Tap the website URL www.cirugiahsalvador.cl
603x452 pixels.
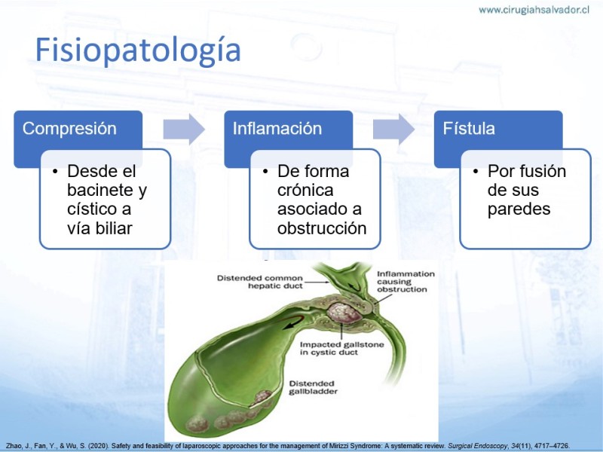tap(534, 10)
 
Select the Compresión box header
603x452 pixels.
tap(69, 128)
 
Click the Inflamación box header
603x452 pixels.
tap(277, 128)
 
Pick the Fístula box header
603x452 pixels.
tap(468, 128)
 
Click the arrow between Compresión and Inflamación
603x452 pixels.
tap(184, 129)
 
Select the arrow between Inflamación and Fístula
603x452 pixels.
tap(393, 129)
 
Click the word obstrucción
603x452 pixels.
tap(322, 228)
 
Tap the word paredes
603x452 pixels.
tap(519, 209)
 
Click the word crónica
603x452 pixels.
tap(305, 190)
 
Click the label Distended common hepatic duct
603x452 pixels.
tap(260, 282)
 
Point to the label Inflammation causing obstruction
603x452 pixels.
tap(406, 282)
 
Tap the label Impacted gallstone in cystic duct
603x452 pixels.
tap(342, 349)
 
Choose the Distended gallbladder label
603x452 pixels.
tap(314, 387)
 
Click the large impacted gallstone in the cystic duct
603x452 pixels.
tap(344, 313)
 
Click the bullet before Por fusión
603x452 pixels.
tap(476, 171)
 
